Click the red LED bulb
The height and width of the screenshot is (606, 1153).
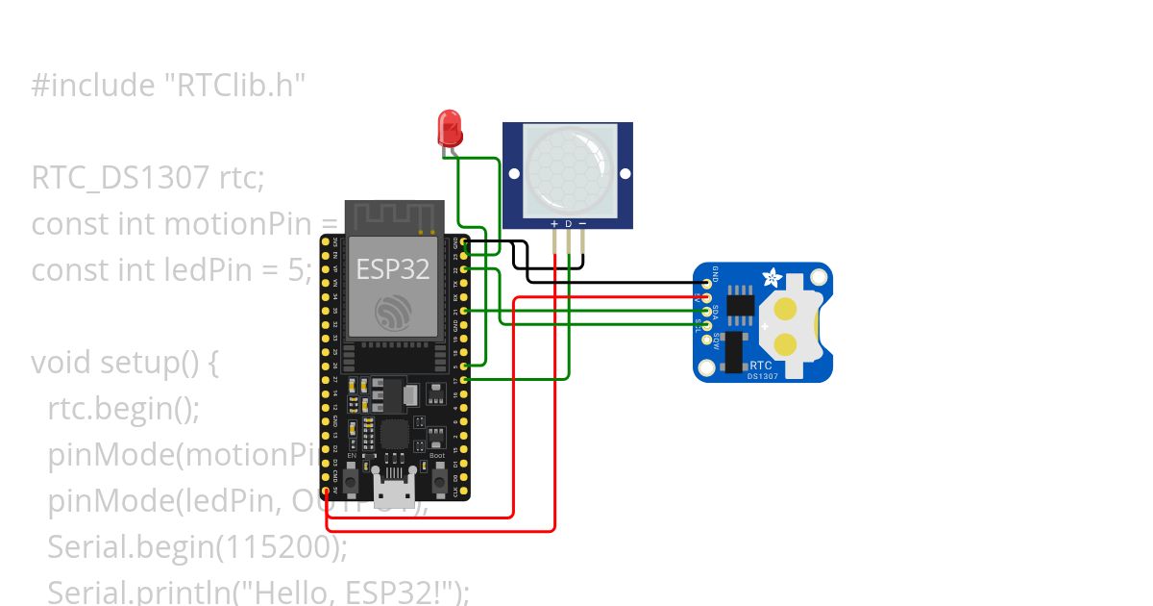(x=449, y=126)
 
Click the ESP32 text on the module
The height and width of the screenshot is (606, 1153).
(x=393, y=269)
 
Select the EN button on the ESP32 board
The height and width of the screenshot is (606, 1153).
(x=352, y=478)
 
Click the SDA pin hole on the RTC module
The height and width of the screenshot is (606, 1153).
(x=707, y=311)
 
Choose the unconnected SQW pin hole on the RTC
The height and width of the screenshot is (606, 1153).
(x=707, y=339)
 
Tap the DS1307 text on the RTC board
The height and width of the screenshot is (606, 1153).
(x=760, y=376)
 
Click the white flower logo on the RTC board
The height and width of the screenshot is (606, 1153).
(x=772, y=279)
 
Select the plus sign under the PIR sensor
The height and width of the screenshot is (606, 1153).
(x=554, y=224)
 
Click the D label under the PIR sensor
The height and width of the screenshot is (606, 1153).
(x=568, y=224)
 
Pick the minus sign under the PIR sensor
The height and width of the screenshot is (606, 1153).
(x=581, y=224)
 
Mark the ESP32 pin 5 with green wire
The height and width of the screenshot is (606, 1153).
(x=466, y=366)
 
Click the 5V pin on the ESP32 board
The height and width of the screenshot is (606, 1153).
(x=326, y=490)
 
